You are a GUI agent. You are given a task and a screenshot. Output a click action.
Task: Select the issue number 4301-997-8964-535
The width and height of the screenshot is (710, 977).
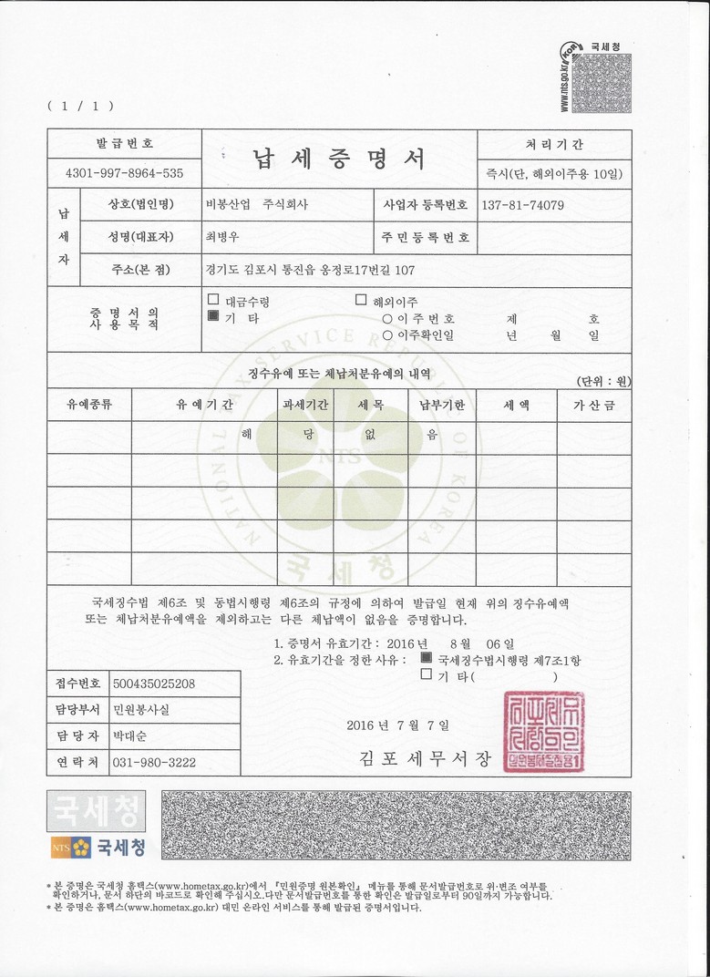pos(124,173)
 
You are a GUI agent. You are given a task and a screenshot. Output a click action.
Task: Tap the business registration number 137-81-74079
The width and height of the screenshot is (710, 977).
pos(522,205)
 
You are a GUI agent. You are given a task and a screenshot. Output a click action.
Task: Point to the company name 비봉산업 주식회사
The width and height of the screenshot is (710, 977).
pos(257,205)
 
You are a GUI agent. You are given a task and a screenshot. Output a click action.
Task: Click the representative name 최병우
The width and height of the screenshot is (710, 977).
pos(221,237)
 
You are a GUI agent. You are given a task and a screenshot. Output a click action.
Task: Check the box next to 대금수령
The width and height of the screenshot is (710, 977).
pos(213,300)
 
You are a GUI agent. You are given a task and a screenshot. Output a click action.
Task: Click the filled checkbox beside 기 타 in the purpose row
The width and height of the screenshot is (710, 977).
pos(213,317)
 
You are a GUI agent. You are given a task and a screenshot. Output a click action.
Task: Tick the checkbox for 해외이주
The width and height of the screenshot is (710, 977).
pos(361,300)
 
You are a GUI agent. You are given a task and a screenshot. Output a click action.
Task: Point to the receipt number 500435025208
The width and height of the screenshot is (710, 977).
pos(153,683)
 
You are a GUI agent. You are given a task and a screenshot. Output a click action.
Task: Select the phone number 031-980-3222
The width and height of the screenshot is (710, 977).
pos(153,762)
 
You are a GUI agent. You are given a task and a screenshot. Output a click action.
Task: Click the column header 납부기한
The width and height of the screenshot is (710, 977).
pos(442,405)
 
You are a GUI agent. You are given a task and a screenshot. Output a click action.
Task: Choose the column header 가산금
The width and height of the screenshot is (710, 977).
pos(594,405)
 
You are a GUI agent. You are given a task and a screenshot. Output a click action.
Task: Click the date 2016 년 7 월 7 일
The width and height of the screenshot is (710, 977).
pos(397,725)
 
